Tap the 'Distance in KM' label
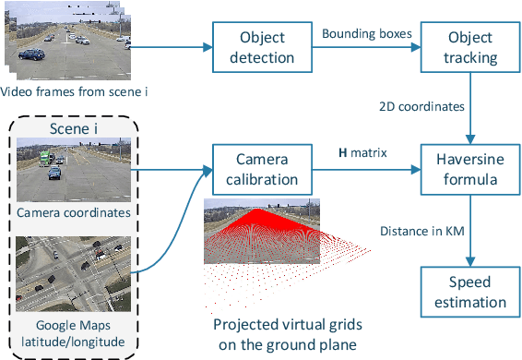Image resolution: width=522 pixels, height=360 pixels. click(x=423, y=229)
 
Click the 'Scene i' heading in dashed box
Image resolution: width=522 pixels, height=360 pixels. click(x=77, y=127)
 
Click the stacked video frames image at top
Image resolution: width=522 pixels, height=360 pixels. click(x=65, y=42)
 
